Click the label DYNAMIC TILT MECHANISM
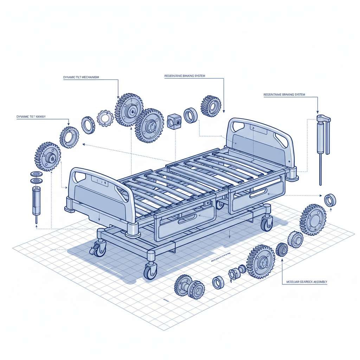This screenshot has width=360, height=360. (81, 77)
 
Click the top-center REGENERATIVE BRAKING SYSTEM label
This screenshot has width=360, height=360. (185, 76)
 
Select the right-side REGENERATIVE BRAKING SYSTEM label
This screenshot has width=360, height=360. (284, 95)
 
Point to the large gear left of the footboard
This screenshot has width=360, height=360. (48, 157)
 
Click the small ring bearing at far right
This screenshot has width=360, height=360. (330, 200)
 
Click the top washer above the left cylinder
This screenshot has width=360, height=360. (35, 174)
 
